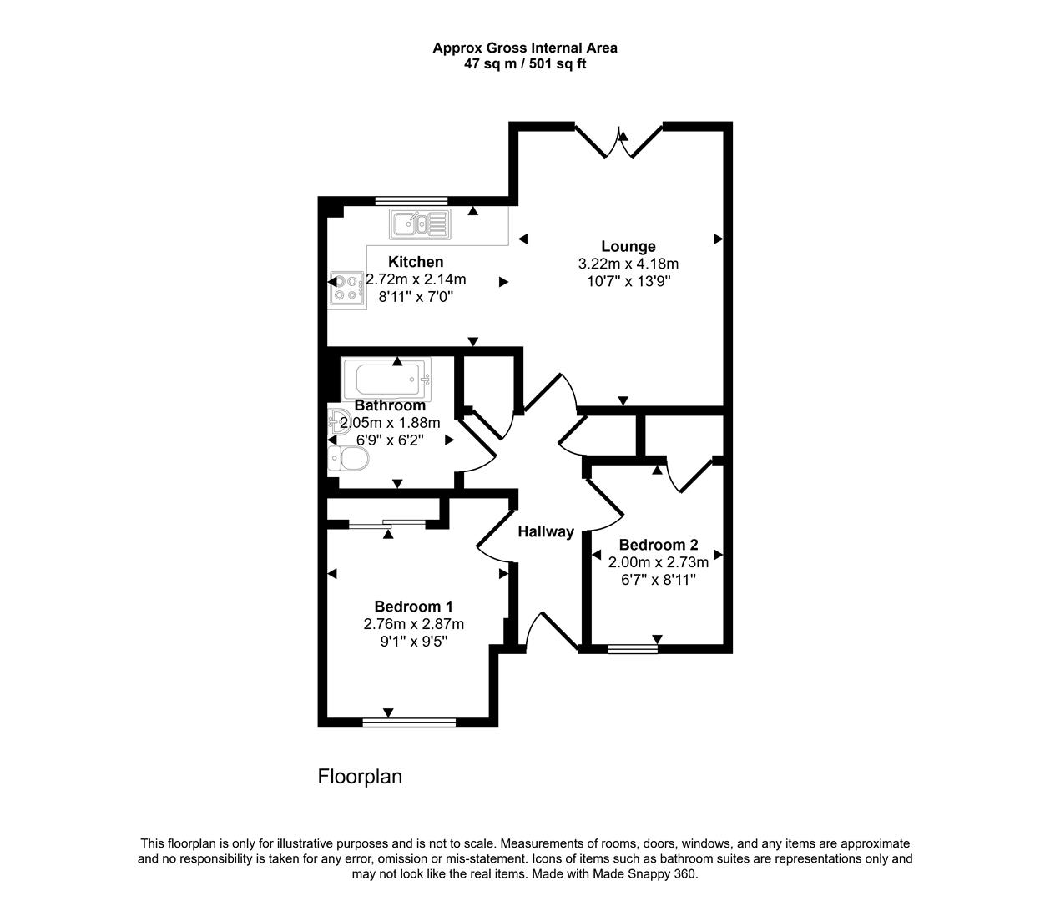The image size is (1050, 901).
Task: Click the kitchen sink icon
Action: [x=419, y=224]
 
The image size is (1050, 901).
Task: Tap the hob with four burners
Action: [x=346, y=288]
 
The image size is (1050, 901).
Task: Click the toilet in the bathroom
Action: [x=348, y=459]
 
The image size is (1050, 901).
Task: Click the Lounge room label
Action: [x=628, y=246]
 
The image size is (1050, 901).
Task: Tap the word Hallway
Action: [x=546, y=531]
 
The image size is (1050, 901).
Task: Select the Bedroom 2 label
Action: [x=659, y=545]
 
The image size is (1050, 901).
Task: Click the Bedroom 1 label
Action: [x=413, y=607]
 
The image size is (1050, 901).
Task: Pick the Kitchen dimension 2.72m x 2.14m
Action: [x=416, y=279]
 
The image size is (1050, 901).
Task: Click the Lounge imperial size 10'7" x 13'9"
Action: [x=628, y=281]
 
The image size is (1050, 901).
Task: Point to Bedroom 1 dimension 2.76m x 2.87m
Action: [x=413, y=624]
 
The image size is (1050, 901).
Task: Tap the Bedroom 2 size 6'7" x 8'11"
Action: [x=659, y=580]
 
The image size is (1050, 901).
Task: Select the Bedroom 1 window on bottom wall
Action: [x=409, y=722]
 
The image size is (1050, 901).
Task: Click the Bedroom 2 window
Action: [x=633, y=648]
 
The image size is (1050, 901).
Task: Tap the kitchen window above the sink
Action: [x=411, y=200]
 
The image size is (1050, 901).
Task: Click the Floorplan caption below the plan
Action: [x=360, y=777]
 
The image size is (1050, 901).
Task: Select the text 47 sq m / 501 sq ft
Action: [x=525, y=63]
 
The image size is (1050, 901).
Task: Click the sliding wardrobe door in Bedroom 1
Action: [x=386, y=524]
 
